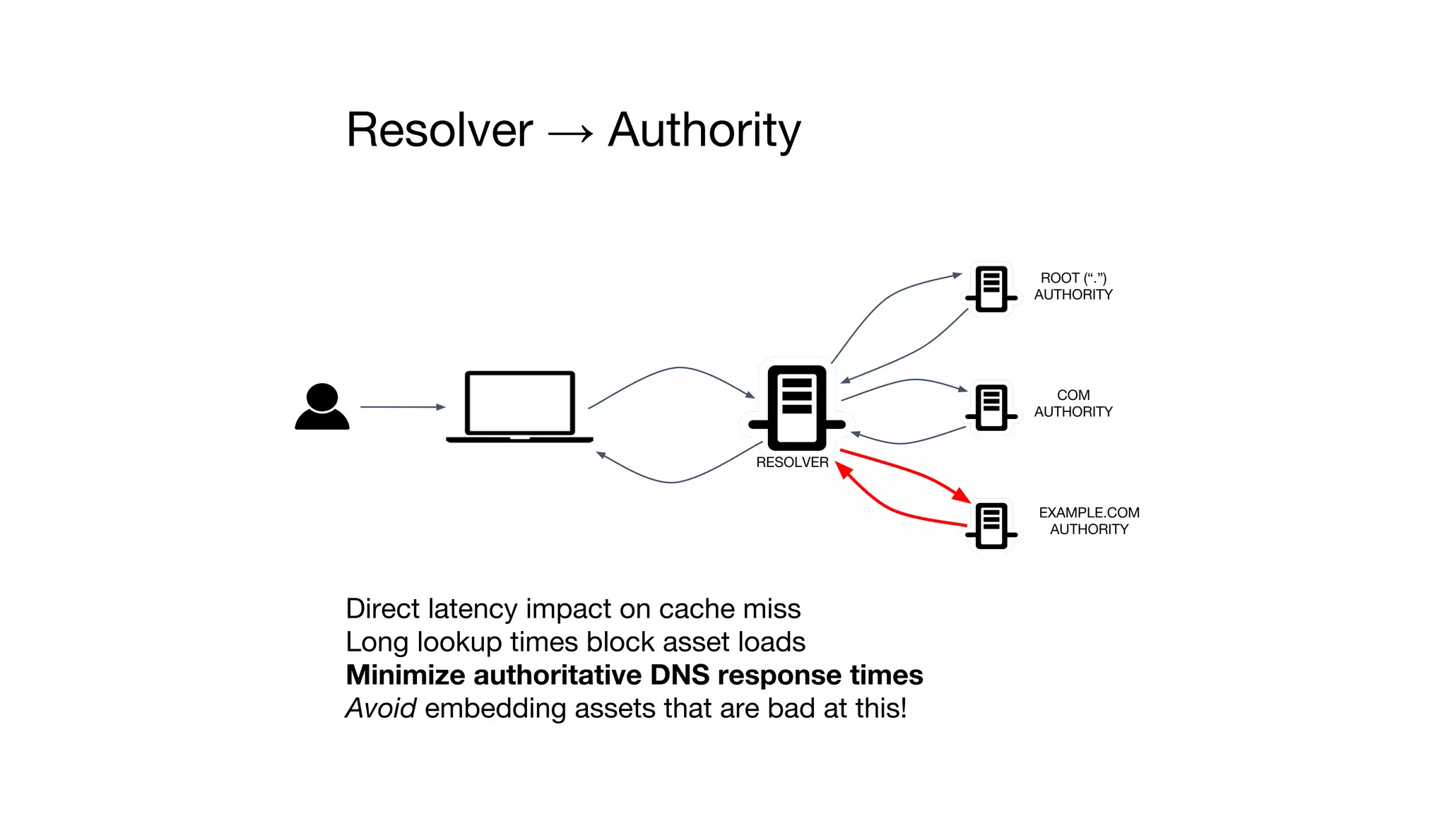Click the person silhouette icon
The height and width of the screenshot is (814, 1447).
[x=322, y=407]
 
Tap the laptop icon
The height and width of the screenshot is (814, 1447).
[x=519, y=406]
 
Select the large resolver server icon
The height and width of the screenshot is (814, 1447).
[x=797, y=408]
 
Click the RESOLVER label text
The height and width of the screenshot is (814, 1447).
[x=792, y=462]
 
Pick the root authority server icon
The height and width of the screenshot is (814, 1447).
[x=991, y=288]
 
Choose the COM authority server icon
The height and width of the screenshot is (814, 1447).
[x=991, y=406]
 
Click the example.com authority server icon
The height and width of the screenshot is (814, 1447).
[x=991, y=525]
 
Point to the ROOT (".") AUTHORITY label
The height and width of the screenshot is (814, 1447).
[x=1073, y=286]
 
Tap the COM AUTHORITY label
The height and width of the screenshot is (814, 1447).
[x=1073, y=403]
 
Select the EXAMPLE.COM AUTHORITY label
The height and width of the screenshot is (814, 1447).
[x=1089, y=521]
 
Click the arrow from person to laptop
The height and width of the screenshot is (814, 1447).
[x=403, y=407]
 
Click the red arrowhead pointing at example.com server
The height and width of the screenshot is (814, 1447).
[x=962, y=495]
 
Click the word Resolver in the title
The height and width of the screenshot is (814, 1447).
[x=439, y=131]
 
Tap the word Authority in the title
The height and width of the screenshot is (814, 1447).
[x=704, y=131]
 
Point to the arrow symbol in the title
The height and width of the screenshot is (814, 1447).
[x=571, y=133]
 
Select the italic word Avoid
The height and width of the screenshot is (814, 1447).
[x=381, y=708]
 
